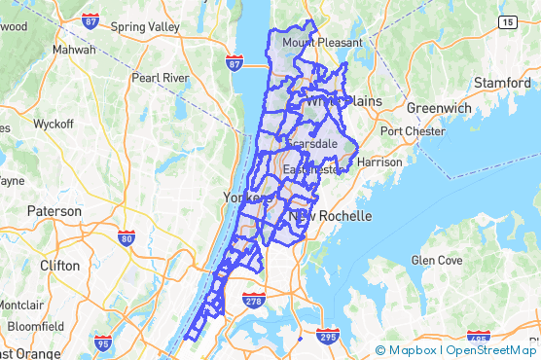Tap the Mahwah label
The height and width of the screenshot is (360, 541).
(x=74, y=49)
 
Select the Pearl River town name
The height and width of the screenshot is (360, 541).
(x=162, y=77)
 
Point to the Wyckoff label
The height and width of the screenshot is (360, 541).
(x=54, y=125)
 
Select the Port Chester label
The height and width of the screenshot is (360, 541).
(x=412, y=131)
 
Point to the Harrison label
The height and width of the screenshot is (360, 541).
(x=379, y=162)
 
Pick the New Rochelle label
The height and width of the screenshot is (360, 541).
(x=331, y=215)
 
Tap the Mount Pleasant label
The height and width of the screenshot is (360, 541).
(x=321, y=43)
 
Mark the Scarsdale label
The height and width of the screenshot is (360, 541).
(x=311, y=143)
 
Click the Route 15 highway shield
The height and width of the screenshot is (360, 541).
(x=507, y=20)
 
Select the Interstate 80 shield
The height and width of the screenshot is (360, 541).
(x=126, y=237)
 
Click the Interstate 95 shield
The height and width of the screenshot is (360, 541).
(x=104, y=342)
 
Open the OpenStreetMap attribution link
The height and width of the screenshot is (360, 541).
(x=491, y=350)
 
